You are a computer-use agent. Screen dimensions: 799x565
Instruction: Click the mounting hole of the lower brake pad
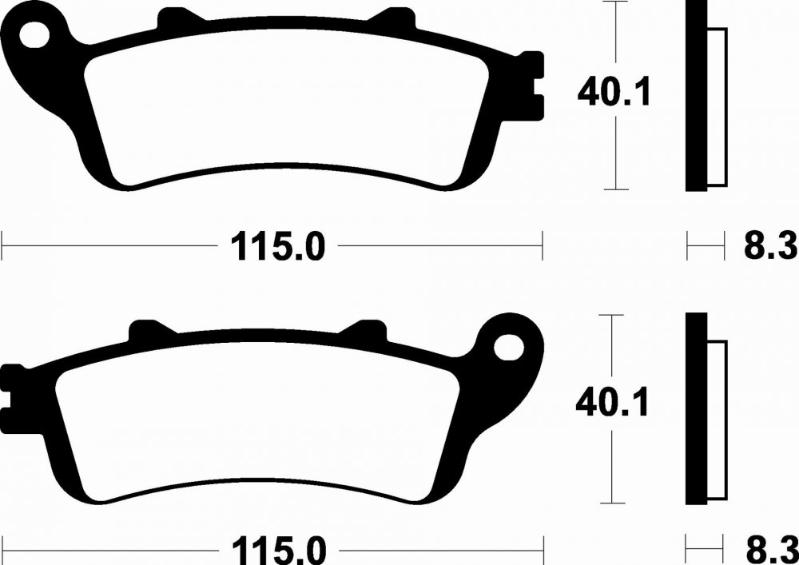(508, 347)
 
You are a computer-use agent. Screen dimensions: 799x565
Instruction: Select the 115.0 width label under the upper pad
(278, 247)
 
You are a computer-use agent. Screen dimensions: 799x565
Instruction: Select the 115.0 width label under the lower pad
(279, 551)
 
